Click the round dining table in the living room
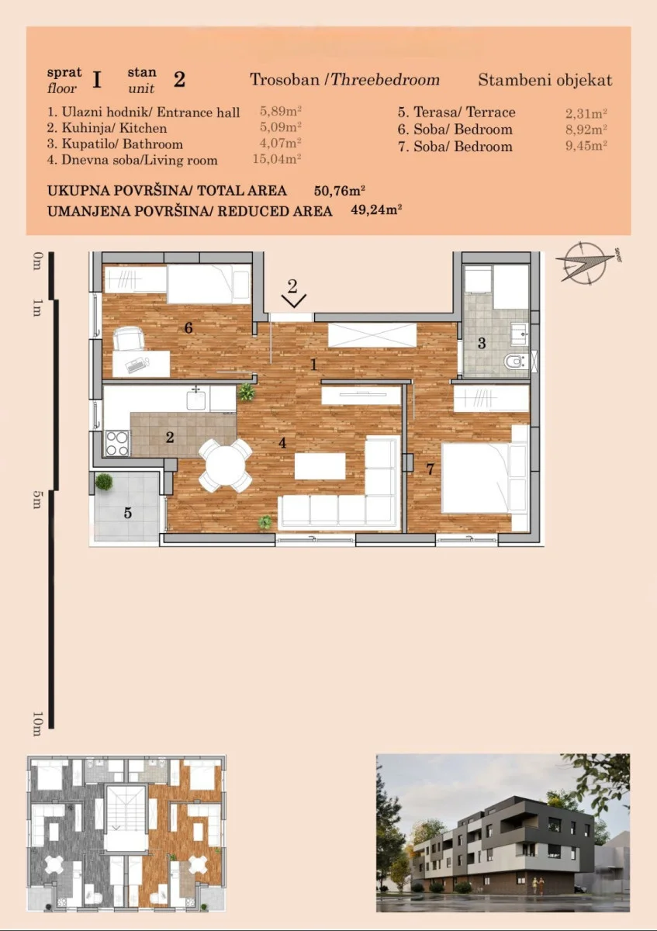(x=225, y=465)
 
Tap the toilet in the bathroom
(x=516, y=362)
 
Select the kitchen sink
(x=196, y=399)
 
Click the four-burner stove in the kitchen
(x=117, y=444)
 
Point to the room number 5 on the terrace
(x=127, y=513)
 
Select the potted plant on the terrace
(x=103, y=482)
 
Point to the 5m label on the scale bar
(x=37, y=499)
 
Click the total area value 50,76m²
(x=340, y=191)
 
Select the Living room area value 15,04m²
(x=277, y=159)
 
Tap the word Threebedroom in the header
(x=385, y=79)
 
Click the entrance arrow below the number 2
(x=294, y=300)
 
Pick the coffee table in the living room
(x=320, y=466)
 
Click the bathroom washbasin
(x=518, y=333)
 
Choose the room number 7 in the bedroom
(x=430, y=469)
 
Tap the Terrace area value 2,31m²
(x=586, y=113)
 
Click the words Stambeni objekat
(x=545, y=80)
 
